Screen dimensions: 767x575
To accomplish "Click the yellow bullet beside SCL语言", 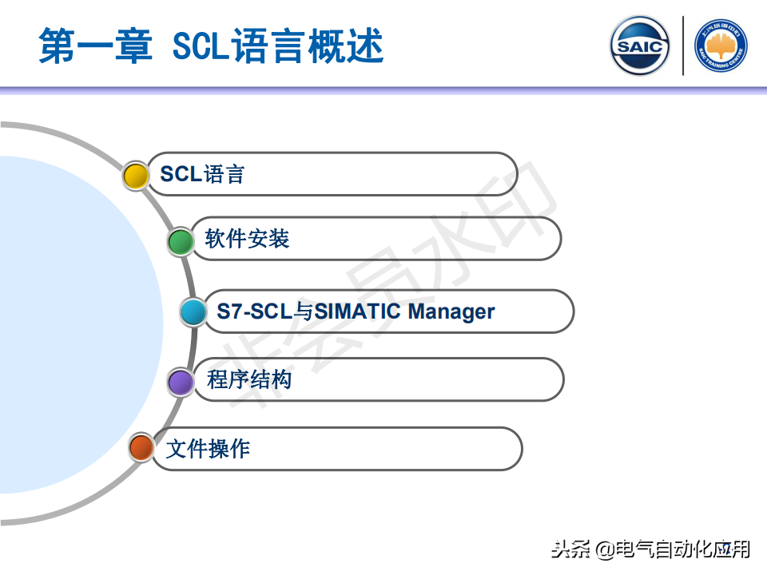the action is pos(136,176).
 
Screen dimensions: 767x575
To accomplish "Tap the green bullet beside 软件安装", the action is pos(181,241).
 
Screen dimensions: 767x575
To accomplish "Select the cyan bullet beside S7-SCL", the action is pos(193,311).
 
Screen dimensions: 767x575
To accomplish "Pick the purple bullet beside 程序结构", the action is pos(181,382).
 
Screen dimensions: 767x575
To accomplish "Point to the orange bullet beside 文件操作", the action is pos(141,447).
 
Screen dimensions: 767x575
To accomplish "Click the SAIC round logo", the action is pos(640,46).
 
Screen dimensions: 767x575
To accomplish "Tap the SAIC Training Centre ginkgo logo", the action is pos(721,46).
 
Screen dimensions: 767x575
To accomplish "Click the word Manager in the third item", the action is pos(451,312).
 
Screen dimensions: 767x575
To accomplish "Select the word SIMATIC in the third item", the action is pos(358,311).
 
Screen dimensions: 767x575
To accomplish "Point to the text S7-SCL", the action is pos(254,311).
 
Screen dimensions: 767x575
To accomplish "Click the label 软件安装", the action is pos(247,239).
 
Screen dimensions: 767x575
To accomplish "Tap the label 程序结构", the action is pos(249,379).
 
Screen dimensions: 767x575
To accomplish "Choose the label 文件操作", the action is pos(208,448).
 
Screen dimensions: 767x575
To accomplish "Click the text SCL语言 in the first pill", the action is pos(202,174).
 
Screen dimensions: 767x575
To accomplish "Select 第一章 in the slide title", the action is pos(96,46).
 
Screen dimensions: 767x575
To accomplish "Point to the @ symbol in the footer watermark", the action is pos(605,549).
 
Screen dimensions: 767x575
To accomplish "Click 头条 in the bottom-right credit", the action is pos(570,549).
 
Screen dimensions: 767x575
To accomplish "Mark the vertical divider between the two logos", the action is pos(683,46).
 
